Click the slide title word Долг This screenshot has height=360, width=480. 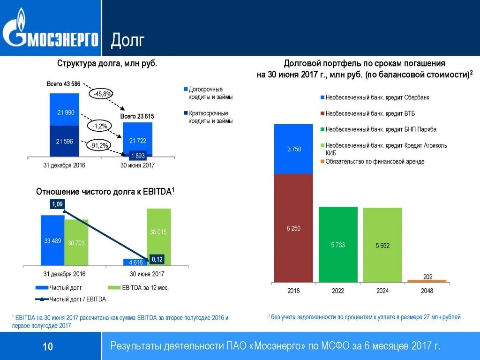127,41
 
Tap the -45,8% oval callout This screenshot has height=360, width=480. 103,94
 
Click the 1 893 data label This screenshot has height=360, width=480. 138,156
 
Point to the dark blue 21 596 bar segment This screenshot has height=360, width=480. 65,141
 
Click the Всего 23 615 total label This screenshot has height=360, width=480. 137,116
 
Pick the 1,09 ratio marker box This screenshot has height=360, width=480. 57,204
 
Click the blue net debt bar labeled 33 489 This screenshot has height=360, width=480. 52,240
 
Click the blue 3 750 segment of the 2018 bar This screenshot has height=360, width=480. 293,149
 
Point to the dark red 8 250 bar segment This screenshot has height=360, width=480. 293,228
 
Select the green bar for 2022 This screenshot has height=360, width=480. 338,245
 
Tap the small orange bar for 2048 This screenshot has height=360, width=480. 427,281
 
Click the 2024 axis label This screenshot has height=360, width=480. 382,291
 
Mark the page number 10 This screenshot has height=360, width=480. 48,347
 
